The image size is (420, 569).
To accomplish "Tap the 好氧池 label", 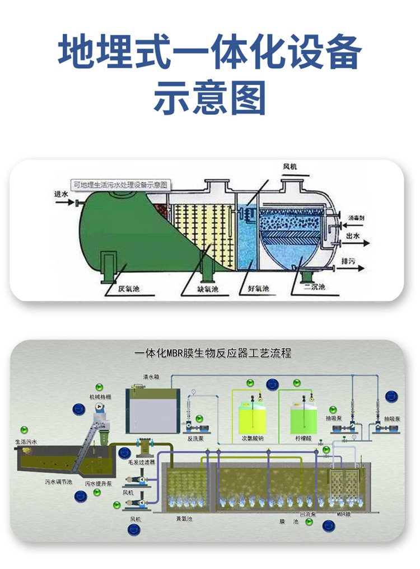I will (258, 290).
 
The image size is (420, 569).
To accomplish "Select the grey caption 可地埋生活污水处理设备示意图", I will (122, 184).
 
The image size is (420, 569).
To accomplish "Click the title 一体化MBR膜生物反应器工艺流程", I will (213, 354).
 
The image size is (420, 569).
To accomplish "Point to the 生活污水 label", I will (26, 442).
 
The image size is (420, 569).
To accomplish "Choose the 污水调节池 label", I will (58, 481).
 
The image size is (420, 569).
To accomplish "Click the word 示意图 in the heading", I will (209, 98).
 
